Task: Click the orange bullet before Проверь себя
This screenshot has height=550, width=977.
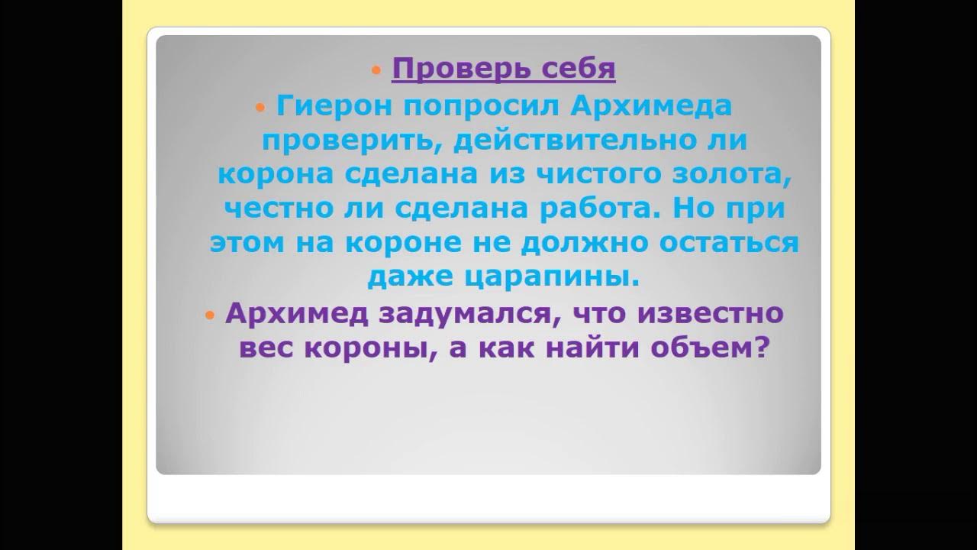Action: [x=375, y=70]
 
